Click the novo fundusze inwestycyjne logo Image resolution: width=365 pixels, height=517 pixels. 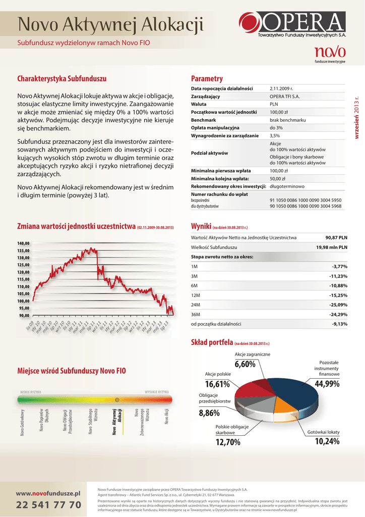pyautogui.click(x=330, y=54)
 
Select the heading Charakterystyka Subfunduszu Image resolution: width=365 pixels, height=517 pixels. pyautogui.click(x=62, y=79)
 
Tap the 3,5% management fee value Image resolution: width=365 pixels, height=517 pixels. pyautogui.click(x=275, y=136)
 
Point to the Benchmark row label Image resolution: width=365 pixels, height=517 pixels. pyautogui.click(x=204, y=120)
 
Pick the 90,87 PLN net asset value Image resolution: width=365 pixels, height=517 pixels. pyautogui.click(x=336, y=237)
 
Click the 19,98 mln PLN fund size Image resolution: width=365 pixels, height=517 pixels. pyautogui.click(x=332, y=247)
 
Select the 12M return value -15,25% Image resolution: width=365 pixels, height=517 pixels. pyautogui.click(x=338, y=295)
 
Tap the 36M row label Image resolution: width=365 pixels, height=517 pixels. pyautogui.click(x=196, y=315)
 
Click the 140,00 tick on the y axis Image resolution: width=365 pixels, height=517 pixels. pyautogui.click(x=24, y=243)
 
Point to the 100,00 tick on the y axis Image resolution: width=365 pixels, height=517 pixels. pyautogui.click(x=24, y=301)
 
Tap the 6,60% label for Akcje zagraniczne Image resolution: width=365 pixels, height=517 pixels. pyautogui.click(x=245, y=365)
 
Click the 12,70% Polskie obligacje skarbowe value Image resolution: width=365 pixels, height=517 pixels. pyautogui.click(x=228, y=442)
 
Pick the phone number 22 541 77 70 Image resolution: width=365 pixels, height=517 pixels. pyautogui.click(x=48, y=505)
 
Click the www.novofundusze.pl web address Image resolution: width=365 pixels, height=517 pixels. pyautogui.click(x=48, y=492)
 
